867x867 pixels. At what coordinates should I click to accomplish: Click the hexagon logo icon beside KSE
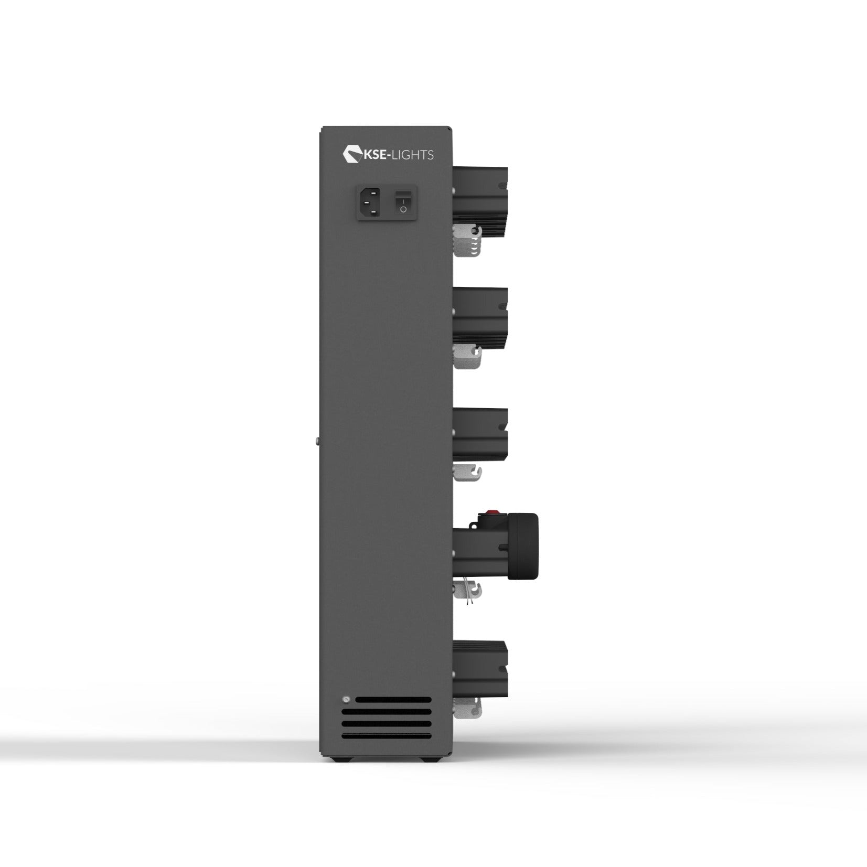[x=350, y=153]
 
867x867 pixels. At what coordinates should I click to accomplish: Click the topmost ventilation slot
[x=393, y=699]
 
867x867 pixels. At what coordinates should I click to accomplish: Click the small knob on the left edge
[x=318, y=440]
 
